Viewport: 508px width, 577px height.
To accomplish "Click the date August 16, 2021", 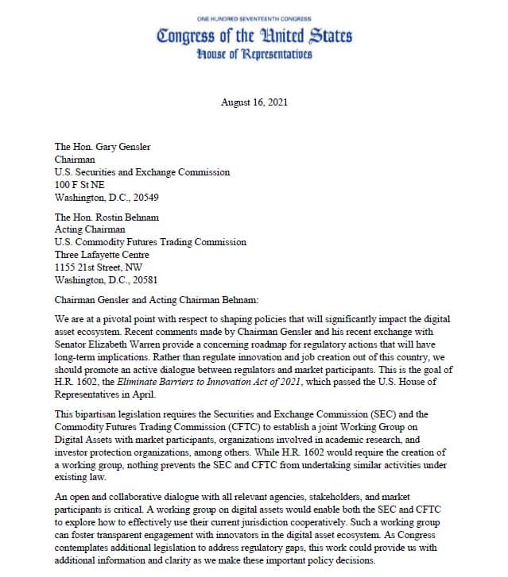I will point(254,102).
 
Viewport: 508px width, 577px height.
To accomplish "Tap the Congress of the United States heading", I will point(254,37).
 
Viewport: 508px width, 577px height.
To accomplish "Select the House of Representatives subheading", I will point(254,54).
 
